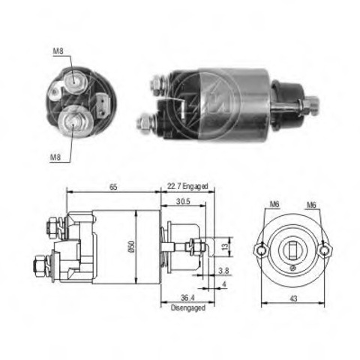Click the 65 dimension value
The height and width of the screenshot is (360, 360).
113,187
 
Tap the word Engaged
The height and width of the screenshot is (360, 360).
195,187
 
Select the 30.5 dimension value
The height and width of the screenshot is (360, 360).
183,201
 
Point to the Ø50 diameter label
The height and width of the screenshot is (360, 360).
132,247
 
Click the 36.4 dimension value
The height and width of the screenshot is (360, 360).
187,298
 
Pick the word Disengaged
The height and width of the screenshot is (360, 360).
188,307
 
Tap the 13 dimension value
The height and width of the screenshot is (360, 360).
225,247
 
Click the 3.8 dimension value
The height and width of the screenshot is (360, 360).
223,271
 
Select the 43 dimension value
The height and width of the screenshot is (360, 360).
293,298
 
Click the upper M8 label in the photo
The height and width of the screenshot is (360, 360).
58,51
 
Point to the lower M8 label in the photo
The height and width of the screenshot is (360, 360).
55,157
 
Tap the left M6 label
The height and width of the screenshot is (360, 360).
274,204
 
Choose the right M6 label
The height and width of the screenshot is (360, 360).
311,205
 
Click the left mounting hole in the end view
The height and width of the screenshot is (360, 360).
261,250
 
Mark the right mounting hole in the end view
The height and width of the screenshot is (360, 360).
324,250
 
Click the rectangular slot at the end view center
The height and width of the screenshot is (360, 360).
292,250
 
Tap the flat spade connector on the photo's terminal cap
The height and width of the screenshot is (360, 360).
103,104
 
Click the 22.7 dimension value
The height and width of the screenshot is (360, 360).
174,187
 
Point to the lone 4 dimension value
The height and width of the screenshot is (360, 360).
224,284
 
